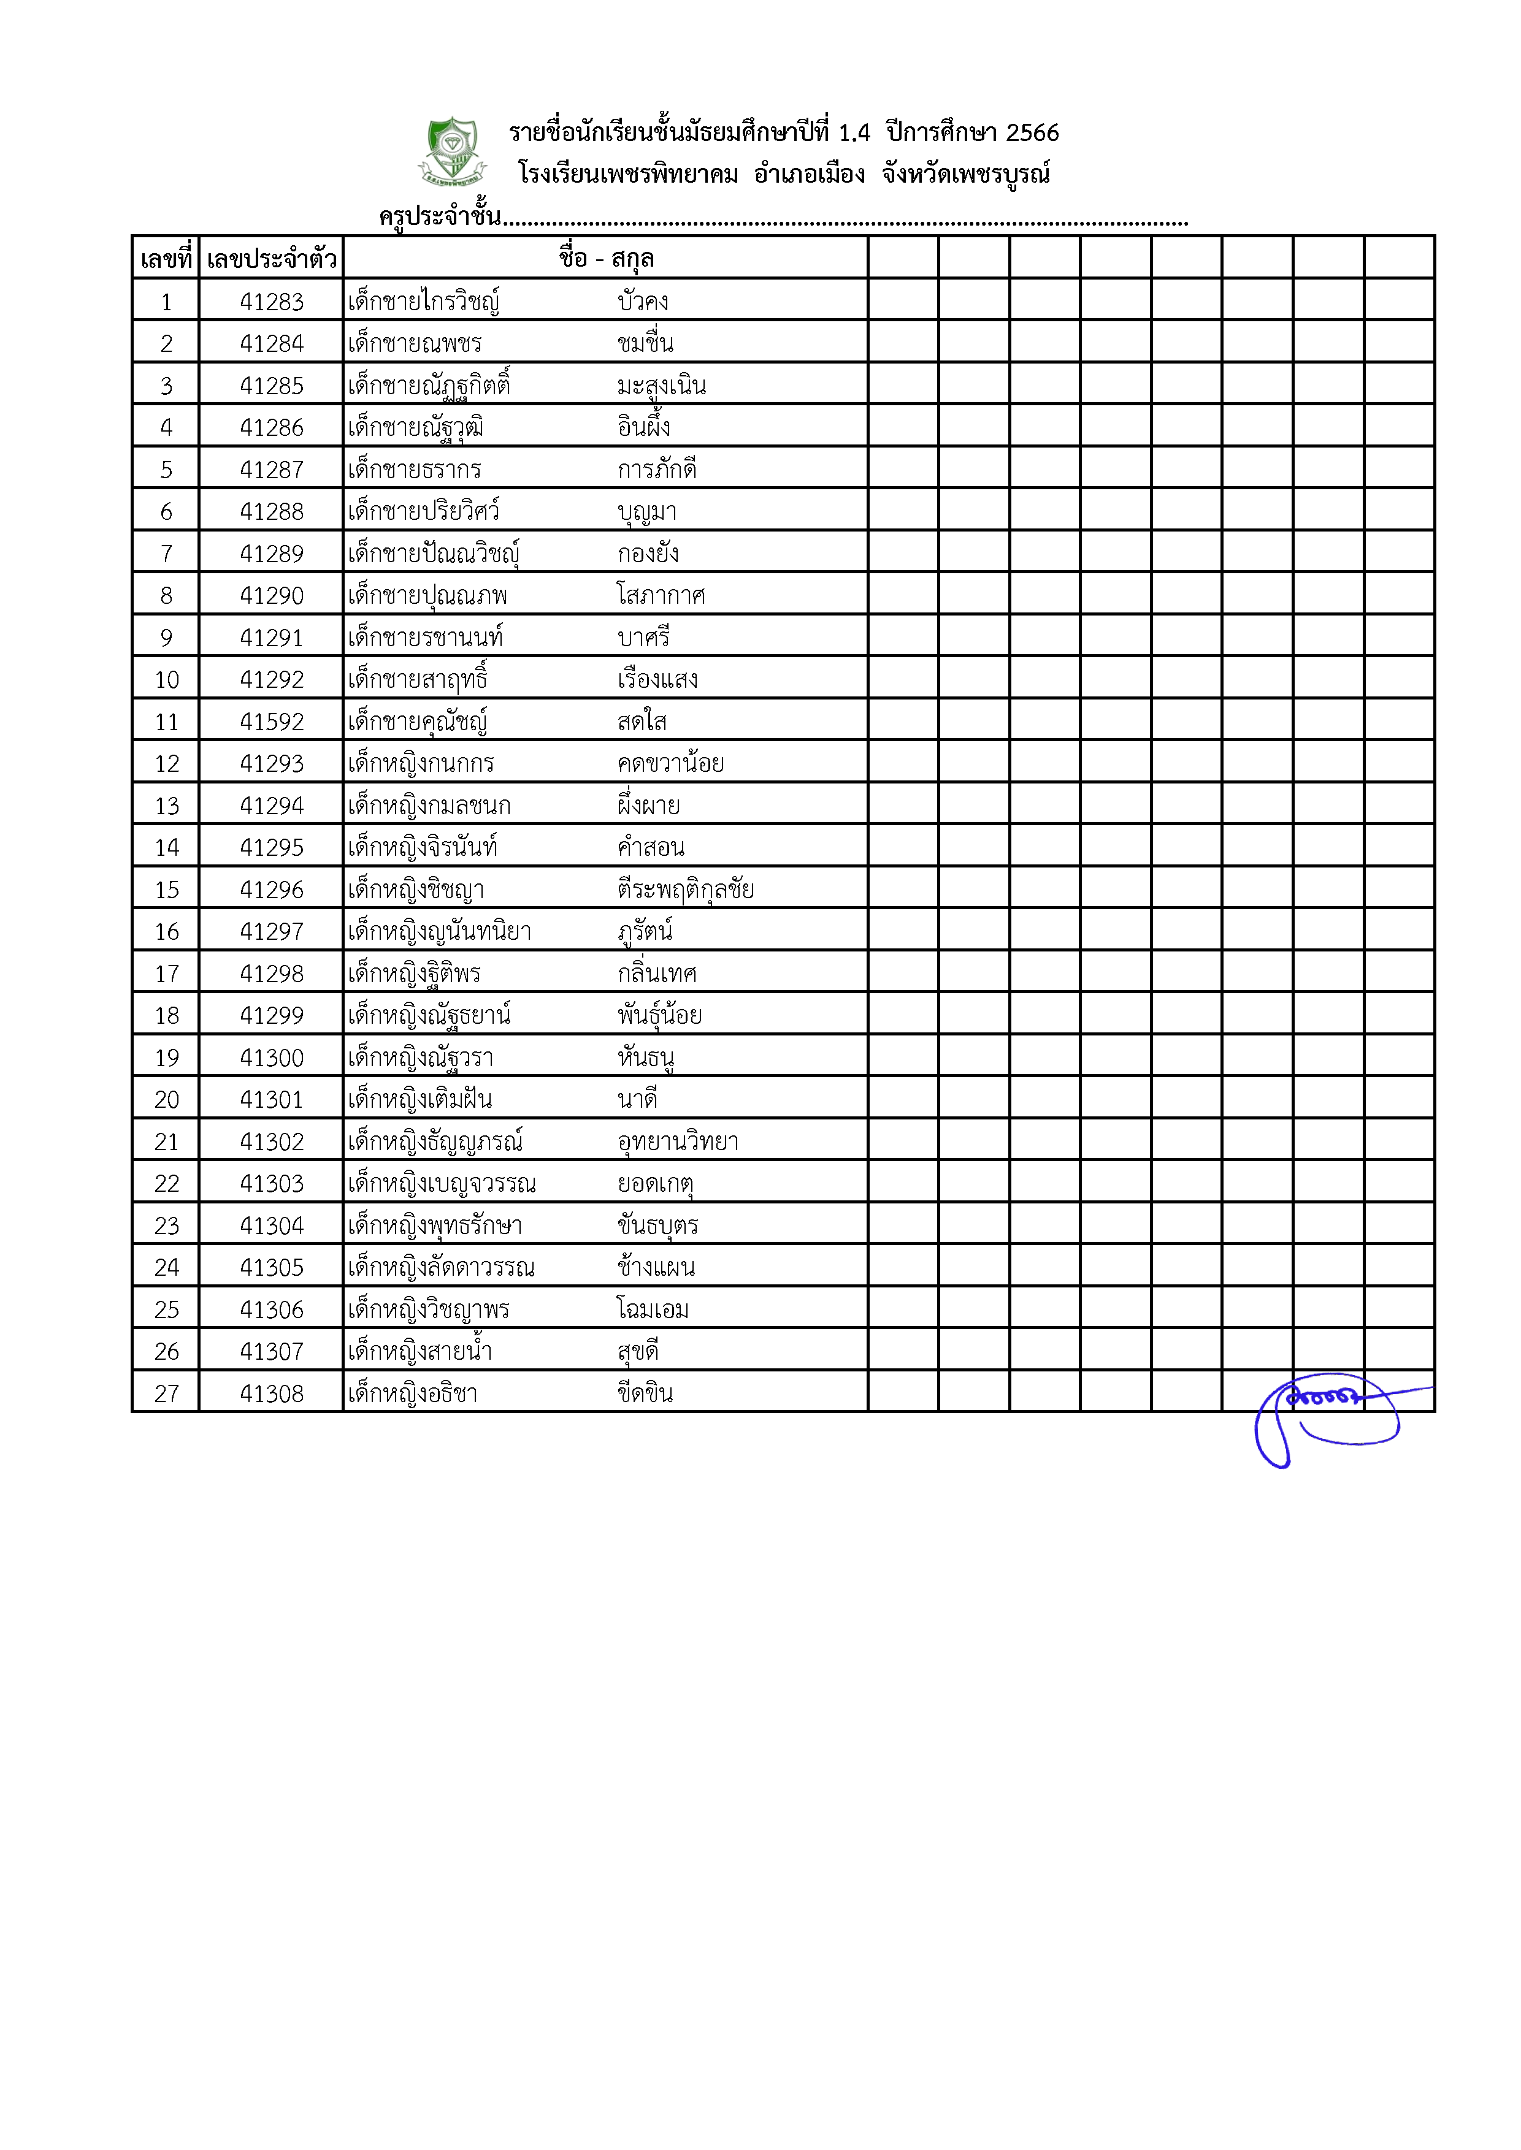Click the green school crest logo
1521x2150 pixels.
point(453,151)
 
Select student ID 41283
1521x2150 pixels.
point(272,302)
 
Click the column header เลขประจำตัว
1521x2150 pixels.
point(272,259)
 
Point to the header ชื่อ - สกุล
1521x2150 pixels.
point(606,259)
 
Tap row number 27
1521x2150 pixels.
point(167,1393)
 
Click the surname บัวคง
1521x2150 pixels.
point(643,302)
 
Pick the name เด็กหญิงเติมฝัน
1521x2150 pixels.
point(420,1099)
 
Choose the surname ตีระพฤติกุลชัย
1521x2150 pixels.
point(684,890)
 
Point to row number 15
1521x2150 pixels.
point(167,890)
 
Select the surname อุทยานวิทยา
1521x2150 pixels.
point(677,1142)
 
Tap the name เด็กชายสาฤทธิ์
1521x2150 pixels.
point(418,679)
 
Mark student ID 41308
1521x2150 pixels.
point(272,1393)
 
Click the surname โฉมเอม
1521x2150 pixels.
point(652,1309)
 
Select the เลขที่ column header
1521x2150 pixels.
point(166,259)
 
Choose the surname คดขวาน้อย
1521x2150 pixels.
point(670,763)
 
